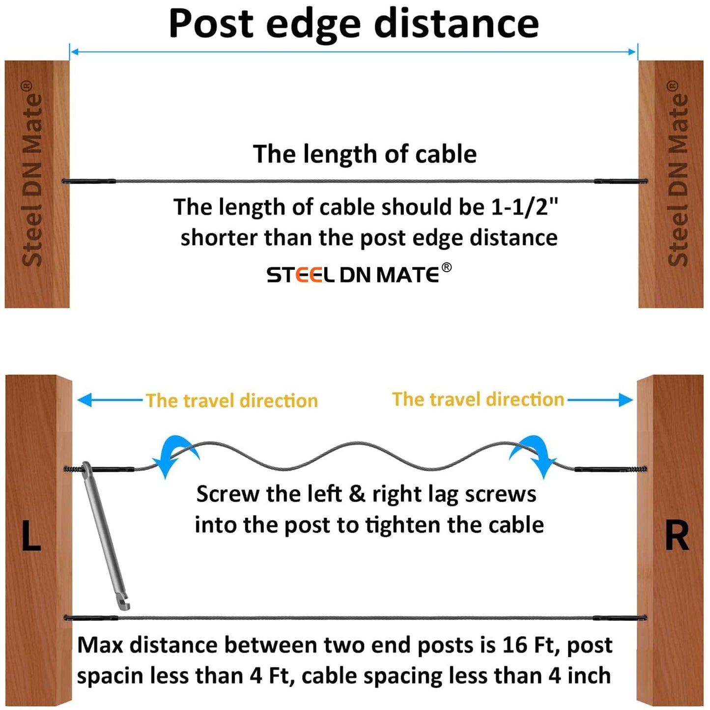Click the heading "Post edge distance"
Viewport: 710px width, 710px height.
(x=354, y=24)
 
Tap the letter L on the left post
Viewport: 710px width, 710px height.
(x=31, y=536)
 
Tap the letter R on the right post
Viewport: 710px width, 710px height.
(x=677, y=536)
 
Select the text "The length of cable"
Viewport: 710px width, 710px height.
(x=365, y=154)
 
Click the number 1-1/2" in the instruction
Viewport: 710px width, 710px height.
(x=524, y=207)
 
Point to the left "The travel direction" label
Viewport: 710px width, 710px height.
(x=231, y=401)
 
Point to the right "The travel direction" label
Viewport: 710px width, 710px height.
(x=478, y=399)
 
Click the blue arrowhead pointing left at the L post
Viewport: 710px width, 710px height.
(x=85, y=400)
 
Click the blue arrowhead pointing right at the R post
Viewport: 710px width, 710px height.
(x=625, y=400)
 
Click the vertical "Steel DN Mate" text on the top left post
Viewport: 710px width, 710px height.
(x=32, y=174)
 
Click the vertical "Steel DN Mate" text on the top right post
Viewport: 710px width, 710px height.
(x=678, y=174)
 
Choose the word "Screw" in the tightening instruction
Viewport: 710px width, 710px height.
(x=227, y=494)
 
